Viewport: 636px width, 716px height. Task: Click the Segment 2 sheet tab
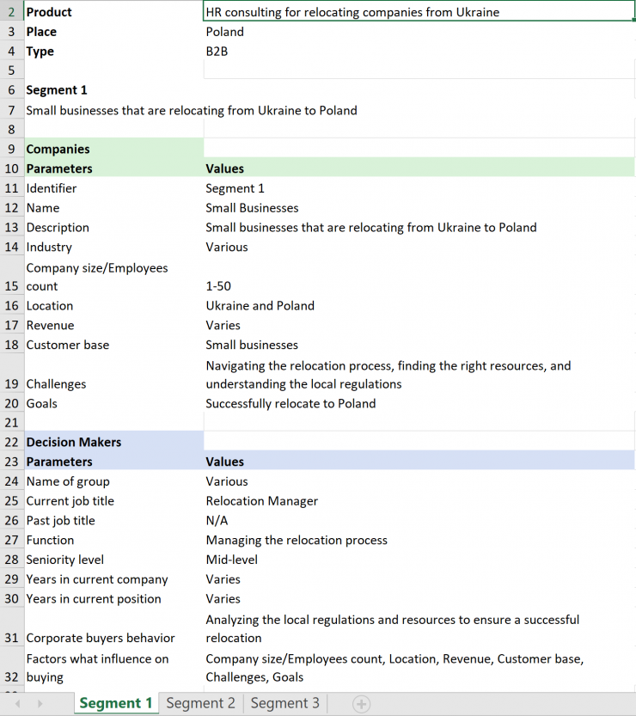(200, 703)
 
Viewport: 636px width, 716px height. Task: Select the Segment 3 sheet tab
(284, 703)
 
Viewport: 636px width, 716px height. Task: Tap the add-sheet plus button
(362, 704)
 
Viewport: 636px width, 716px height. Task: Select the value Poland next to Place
(224, 32)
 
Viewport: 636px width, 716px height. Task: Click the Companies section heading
(58, 149)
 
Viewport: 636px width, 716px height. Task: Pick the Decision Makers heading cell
(73, 442)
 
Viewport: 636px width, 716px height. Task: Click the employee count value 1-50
(218, 286)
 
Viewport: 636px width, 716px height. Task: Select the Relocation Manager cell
(261, 501)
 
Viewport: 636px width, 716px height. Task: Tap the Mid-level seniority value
(231, 560)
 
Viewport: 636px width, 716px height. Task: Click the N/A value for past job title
(216, 521)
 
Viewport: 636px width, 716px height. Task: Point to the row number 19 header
(11, 384)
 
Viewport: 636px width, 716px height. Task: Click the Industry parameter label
(49, 247)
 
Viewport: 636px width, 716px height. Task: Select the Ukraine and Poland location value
(260, 306)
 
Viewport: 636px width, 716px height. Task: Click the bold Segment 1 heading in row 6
(57, 90)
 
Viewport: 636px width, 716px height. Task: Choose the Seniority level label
(65, 560)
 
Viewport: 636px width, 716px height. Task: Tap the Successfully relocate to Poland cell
(290, 403)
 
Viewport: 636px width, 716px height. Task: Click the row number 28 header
(11, 560)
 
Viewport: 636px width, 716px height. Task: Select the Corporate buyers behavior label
(101, 638)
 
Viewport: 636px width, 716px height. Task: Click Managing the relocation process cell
(297, 540)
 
